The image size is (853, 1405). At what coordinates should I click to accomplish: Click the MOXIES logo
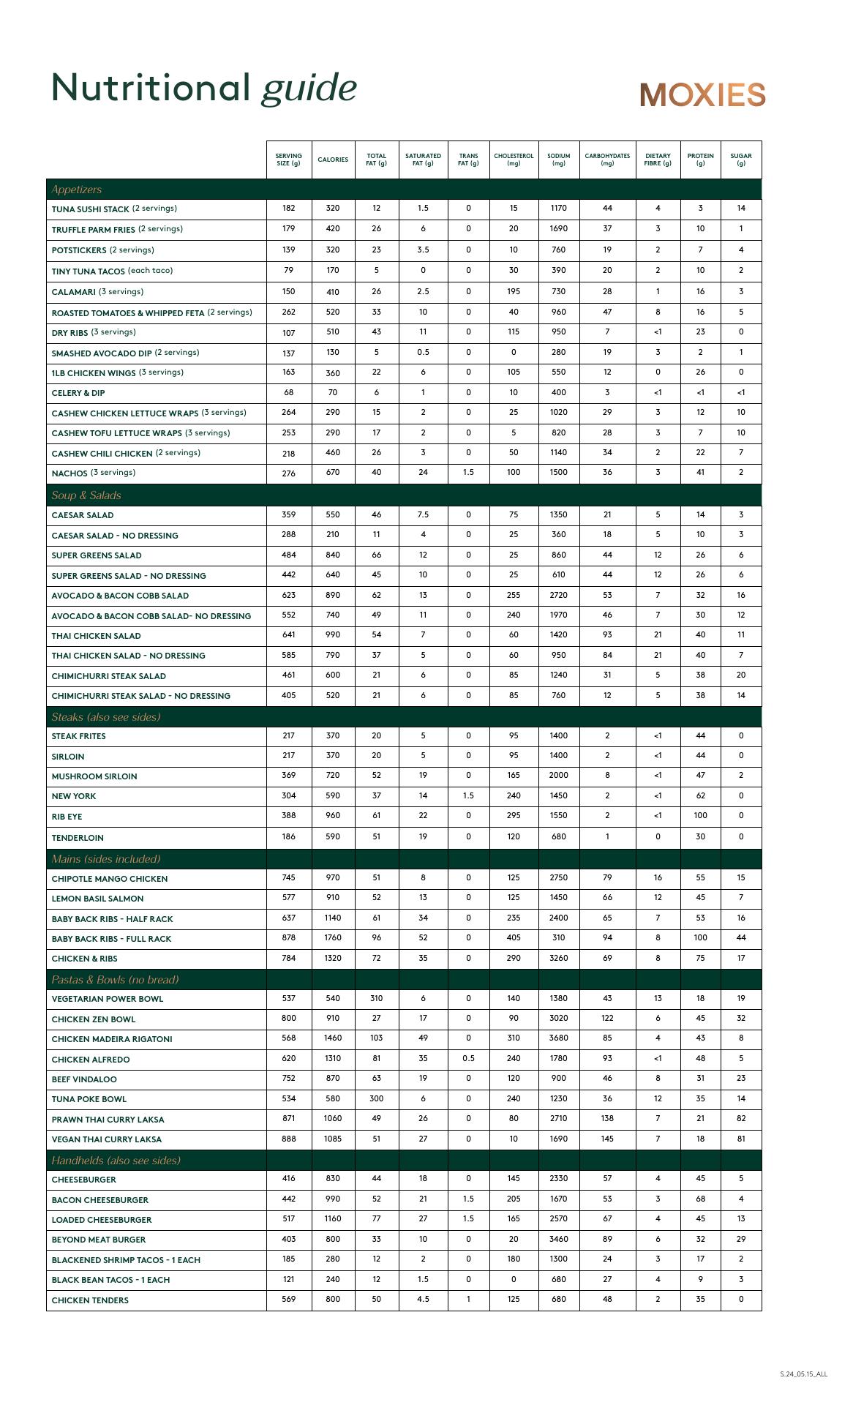pyautogui.click(x=702, y=94)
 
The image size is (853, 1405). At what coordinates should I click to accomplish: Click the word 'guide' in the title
pyautogui.click(x=309, y=89)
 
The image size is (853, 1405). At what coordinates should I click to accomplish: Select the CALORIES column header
pyautogui.click(x=333, y=160)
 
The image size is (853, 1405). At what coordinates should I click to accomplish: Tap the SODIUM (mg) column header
pyautogui.click(x=558, y=160)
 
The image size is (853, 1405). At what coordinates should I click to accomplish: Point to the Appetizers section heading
pyautogui.click(x=77, y=190)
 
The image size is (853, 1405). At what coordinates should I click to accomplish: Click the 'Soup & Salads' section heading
pyautogui.click(x=86, y=495)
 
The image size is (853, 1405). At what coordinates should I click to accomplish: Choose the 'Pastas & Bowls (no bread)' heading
pyautogui.click(x=115, y=980)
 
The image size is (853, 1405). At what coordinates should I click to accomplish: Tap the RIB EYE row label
pyautogui.click(x=67, y=817)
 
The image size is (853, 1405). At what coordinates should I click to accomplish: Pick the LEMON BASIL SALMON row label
pyautogui.click(x=97, y=899)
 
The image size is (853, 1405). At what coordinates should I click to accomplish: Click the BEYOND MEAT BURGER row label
pyautogui.click(x=99, y=1240)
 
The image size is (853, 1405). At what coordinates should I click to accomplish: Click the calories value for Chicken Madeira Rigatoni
pyautogui.click(x=333, y=1038)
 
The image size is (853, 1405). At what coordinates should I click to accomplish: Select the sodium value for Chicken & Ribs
pyautogui.click(x=558, y=958)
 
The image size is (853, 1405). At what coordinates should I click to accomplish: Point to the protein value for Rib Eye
pyautogui.click(x=700, y=815)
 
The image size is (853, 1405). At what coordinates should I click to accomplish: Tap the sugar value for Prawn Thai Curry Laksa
pyautogui.click(x=741, y=1118)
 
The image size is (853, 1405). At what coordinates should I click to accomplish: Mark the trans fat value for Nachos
pyautogui.click(x=468, y=472)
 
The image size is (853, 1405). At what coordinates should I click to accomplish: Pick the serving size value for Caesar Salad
pyautogui.click(x=289, y=514)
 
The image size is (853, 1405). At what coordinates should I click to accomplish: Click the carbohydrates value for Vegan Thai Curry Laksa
pyautogui.click(x=607, y=1139)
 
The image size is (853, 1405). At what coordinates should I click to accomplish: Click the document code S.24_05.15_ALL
pyautogui.click(x=803, y=1374)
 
